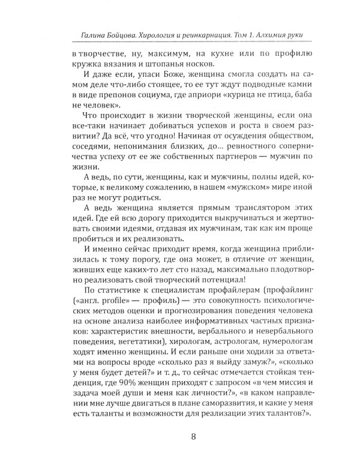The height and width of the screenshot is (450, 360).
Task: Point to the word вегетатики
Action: (119, 348)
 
